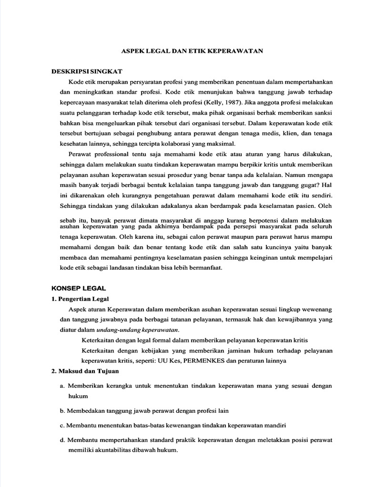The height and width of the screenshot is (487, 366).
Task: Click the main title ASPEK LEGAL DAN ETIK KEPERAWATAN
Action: (x=191, y=50)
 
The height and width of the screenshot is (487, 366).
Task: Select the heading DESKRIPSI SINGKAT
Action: (x=87, y=71)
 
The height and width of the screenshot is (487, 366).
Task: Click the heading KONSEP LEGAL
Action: (x=79, y=288)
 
